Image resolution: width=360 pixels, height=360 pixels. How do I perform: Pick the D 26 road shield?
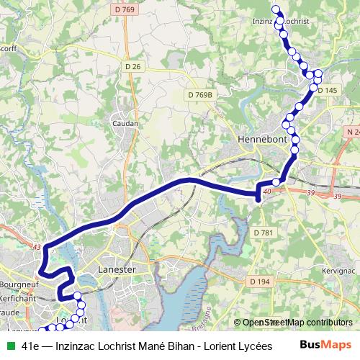click(x=132, y=66)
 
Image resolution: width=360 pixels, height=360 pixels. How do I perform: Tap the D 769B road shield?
click(x=201, y=94)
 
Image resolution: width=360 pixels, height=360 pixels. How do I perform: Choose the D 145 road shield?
click(x=327, y=90)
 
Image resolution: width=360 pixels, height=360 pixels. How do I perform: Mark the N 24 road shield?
click(x=351, y=132)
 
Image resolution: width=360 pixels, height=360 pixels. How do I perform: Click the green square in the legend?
click(x=9, y=346)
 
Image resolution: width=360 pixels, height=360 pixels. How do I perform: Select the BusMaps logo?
click(x=325, y=345)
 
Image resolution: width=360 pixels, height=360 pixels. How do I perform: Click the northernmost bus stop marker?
click(x=275, y=9)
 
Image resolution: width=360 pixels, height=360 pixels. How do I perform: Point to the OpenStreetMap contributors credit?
click(x=297, y=323)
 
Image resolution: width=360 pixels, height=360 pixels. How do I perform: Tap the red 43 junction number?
click(x=37, y=246)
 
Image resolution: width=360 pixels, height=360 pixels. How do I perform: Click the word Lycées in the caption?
click(x=246, y=346)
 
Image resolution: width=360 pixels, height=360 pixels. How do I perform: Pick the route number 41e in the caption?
click(x=30, y=346)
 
